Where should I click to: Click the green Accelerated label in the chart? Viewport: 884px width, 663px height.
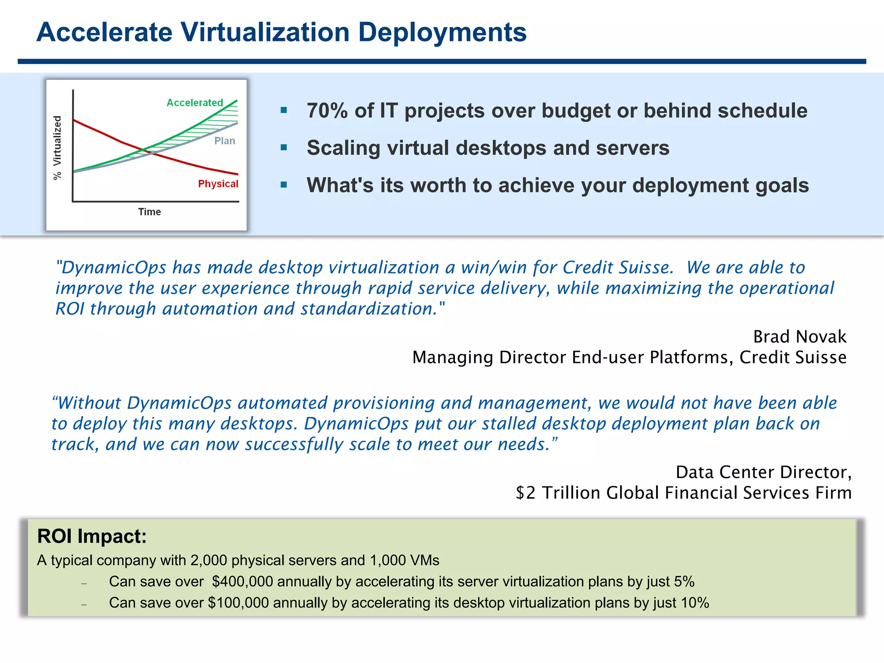point(195,103)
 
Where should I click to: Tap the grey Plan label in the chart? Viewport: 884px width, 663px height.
point(224,141)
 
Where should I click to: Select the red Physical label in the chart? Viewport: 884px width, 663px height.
point(218,184)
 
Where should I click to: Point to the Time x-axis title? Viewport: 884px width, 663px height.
point(149,212)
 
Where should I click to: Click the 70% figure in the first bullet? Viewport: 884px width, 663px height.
point(327,111)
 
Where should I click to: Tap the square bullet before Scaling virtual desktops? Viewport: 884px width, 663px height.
point(284,148)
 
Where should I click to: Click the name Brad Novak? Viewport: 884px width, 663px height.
point(799,337)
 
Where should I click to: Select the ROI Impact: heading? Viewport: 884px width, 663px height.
point(92,537)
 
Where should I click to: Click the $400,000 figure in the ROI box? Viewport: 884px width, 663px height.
point(242,582)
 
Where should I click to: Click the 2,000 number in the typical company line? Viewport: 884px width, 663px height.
point(208,561)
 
